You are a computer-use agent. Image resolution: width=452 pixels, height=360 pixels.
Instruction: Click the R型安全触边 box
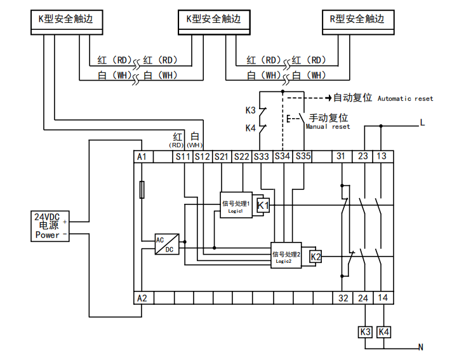(357, 20)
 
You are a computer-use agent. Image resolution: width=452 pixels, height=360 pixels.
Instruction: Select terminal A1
(142, 156)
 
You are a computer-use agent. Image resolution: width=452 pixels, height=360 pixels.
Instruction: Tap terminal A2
(142, 297)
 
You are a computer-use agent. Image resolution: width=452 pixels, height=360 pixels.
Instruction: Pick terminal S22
(242, 156)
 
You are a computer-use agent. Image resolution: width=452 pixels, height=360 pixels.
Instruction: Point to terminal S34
(282, 156)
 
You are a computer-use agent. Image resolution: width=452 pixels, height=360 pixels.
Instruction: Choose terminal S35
(303, 156)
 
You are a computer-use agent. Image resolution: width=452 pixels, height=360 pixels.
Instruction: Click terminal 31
(342, 156)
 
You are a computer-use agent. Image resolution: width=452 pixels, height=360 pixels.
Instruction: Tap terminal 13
(382, 156)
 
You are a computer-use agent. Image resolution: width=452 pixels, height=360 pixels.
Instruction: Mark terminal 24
(363, 297)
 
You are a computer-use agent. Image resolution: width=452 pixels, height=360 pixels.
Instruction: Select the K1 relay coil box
(263, 205)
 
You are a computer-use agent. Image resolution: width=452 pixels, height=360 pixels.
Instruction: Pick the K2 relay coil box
(316, 257)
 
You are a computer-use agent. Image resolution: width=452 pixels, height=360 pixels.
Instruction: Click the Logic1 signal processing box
(235, 205)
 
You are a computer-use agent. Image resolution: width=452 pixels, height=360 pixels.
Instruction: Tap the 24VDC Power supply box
(51, 226)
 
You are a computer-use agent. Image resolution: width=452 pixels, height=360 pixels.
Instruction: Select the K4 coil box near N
(383, 332)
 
